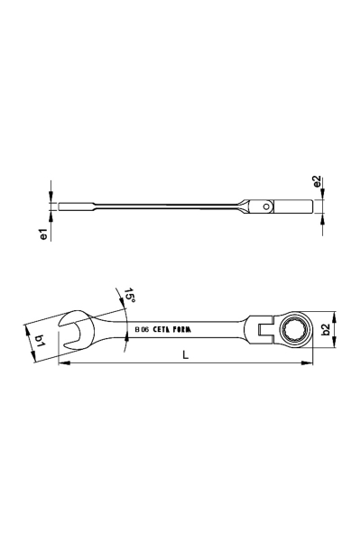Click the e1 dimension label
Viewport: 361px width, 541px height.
click(43, 234)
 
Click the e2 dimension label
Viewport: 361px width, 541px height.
click(317, 182)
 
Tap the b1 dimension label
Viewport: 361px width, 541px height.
click(41, 341)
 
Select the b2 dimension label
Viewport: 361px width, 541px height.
click(326, 329)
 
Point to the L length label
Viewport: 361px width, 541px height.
click(186, 354)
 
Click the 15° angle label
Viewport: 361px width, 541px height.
click(130, 296)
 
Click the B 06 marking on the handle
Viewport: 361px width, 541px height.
click(142, 330)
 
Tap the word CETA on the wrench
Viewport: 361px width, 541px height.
click(162, 330)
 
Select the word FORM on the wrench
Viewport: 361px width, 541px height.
click(182, 330)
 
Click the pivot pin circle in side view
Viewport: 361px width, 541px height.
click(266, 206)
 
